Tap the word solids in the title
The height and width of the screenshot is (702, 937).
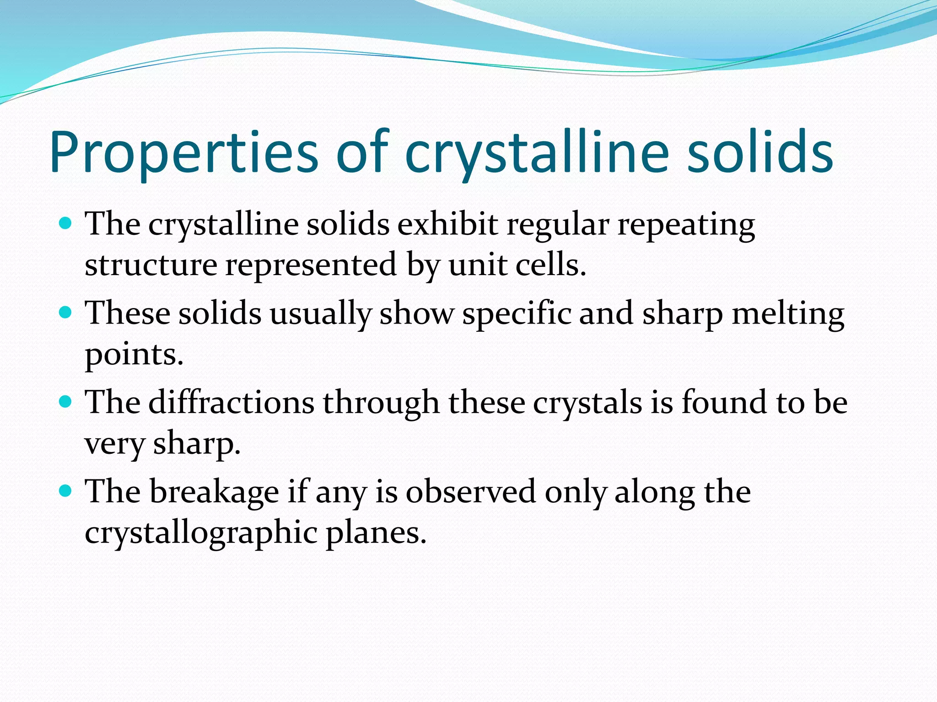pos(760,153)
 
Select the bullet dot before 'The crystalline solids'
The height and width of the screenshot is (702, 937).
pos(66,223)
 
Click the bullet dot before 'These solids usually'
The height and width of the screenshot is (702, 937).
pos(66,313)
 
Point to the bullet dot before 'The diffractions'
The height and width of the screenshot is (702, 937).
pos(66,402)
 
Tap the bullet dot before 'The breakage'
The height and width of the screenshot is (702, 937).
pos(66,491)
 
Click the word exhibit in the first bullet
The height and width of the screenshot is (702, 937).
pos(447,224)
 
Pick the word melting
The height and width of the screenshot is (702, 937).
pos(787,314)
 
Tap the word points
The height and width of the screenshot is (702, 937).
pos(134,355)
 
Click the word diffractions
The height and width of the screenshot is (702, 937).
pos(231,403)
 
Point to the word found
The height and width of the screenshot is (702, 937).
pos(724,403)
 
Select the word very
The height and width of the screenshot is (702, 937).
pos(115,444)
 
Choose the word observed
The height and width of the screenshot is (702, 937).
pos(470,492)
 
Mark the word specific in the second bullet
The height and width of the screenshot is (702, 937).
pos(517,314)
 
